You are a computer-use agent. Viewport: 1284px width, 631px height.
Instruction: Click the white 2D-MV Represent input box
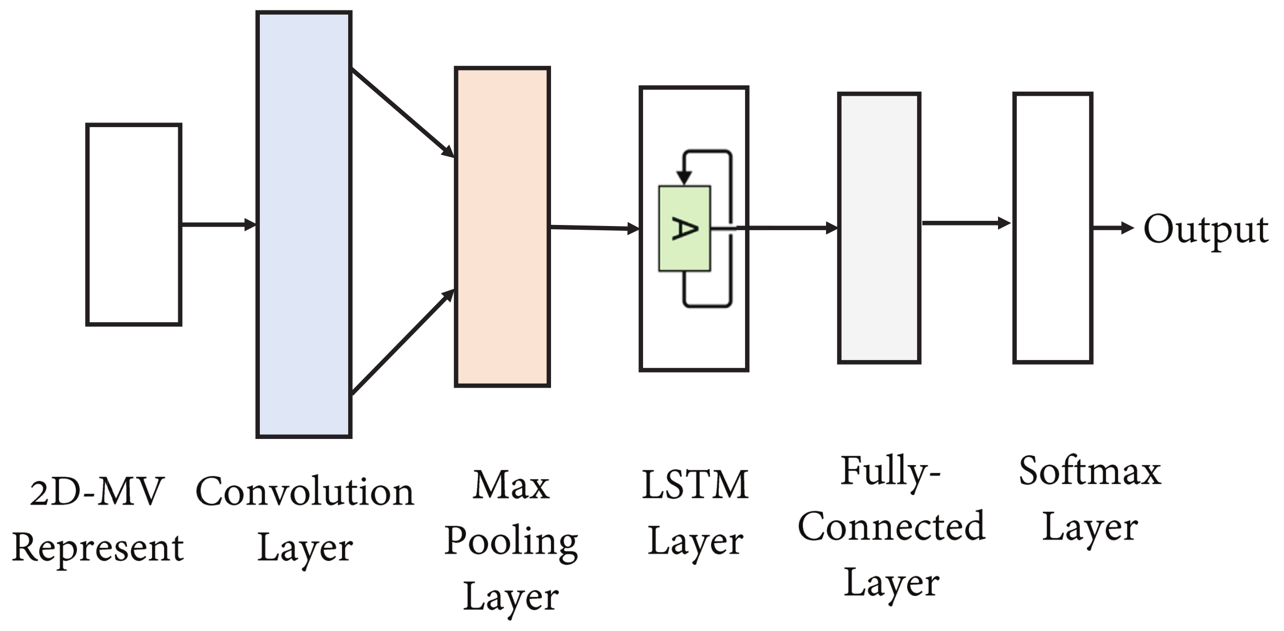pyautogui.click(x=134, y=225)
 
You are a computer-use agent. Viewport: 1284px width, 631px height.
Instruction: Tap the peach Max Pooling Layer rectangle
pyautogui.click(x=502, y=227)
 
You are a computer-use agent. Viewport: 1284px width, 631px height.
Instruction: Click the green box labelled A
pyautogui.click(x=684, y=229)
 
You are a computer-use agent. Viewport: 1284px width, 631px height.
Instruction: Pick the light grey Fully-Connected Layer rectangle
pyautogui.click(x=879, y=228)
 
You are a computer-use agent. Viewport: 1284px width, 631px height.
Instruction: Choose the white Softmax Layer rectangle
pyautogui.click(x=1052, y=228)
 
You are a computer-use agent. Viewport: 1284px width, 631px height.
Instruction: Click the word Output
pyautogui.click(x=1206, y=229)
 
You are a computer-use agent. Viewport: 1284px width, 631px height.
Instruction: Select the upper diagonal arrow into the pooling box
pyautogui.click(x=403, y=112)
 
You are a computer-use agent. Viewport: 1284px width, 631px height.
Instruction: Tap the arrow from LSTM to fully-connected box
pyautogui.click(x=784, y=228)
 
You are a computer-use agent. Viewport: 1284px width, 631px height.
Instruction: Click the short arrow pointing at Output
pyautogui.click(x=1113, y=228)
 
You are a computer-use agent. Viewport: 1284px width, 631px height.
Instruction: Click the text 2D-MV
pyautogui.click(x=97, y=492)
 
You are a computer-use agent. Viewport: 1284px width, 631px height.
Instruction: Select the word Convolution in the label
pyautogui.click(x=305, y=492)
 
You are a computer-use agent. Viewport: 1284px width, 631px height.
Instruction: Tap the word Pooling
pyautogui.click(x=511, y=542)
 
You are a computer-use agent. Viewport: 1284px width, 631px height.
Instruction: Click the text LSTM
pyautogui.click(x=695, y=485)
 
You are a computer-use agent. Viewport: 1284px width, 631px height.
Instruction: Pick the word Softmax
pyautogui.click(x=1090, y=471)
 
